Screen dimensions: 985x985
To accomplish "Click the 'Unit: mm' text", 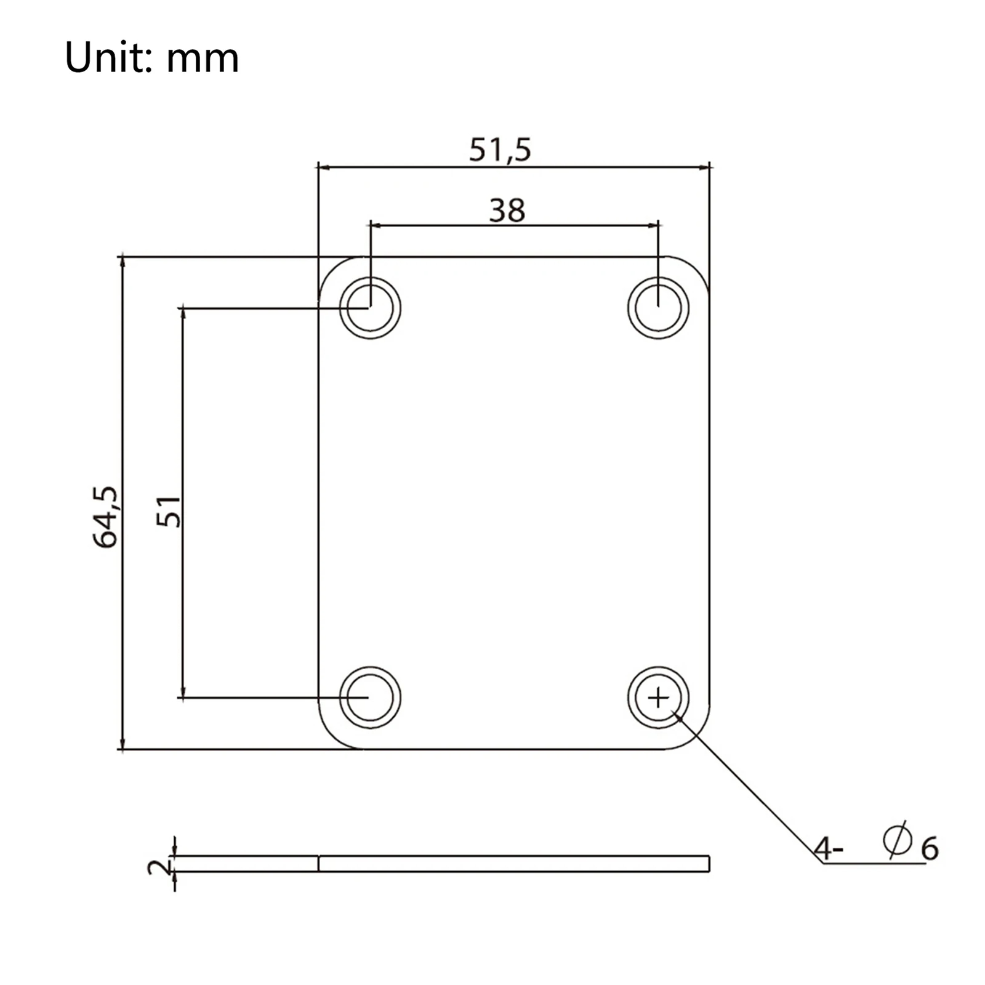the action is (151, 58).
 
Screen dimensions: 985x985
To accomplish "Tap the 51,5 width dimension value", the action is (500, 150).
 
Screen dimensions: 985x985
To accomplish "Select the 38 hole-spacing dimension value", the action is (507, 211).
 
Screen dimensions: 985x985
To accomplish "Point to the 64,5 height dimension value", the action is (105, 517).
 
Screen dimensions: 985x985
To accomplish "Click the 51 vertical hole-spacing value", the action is (169, 511).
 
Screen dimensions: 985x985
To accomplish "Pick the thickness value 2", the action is (159, 867).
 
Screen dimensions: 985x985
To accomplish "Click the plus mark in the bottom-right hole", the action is (658, 698).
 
